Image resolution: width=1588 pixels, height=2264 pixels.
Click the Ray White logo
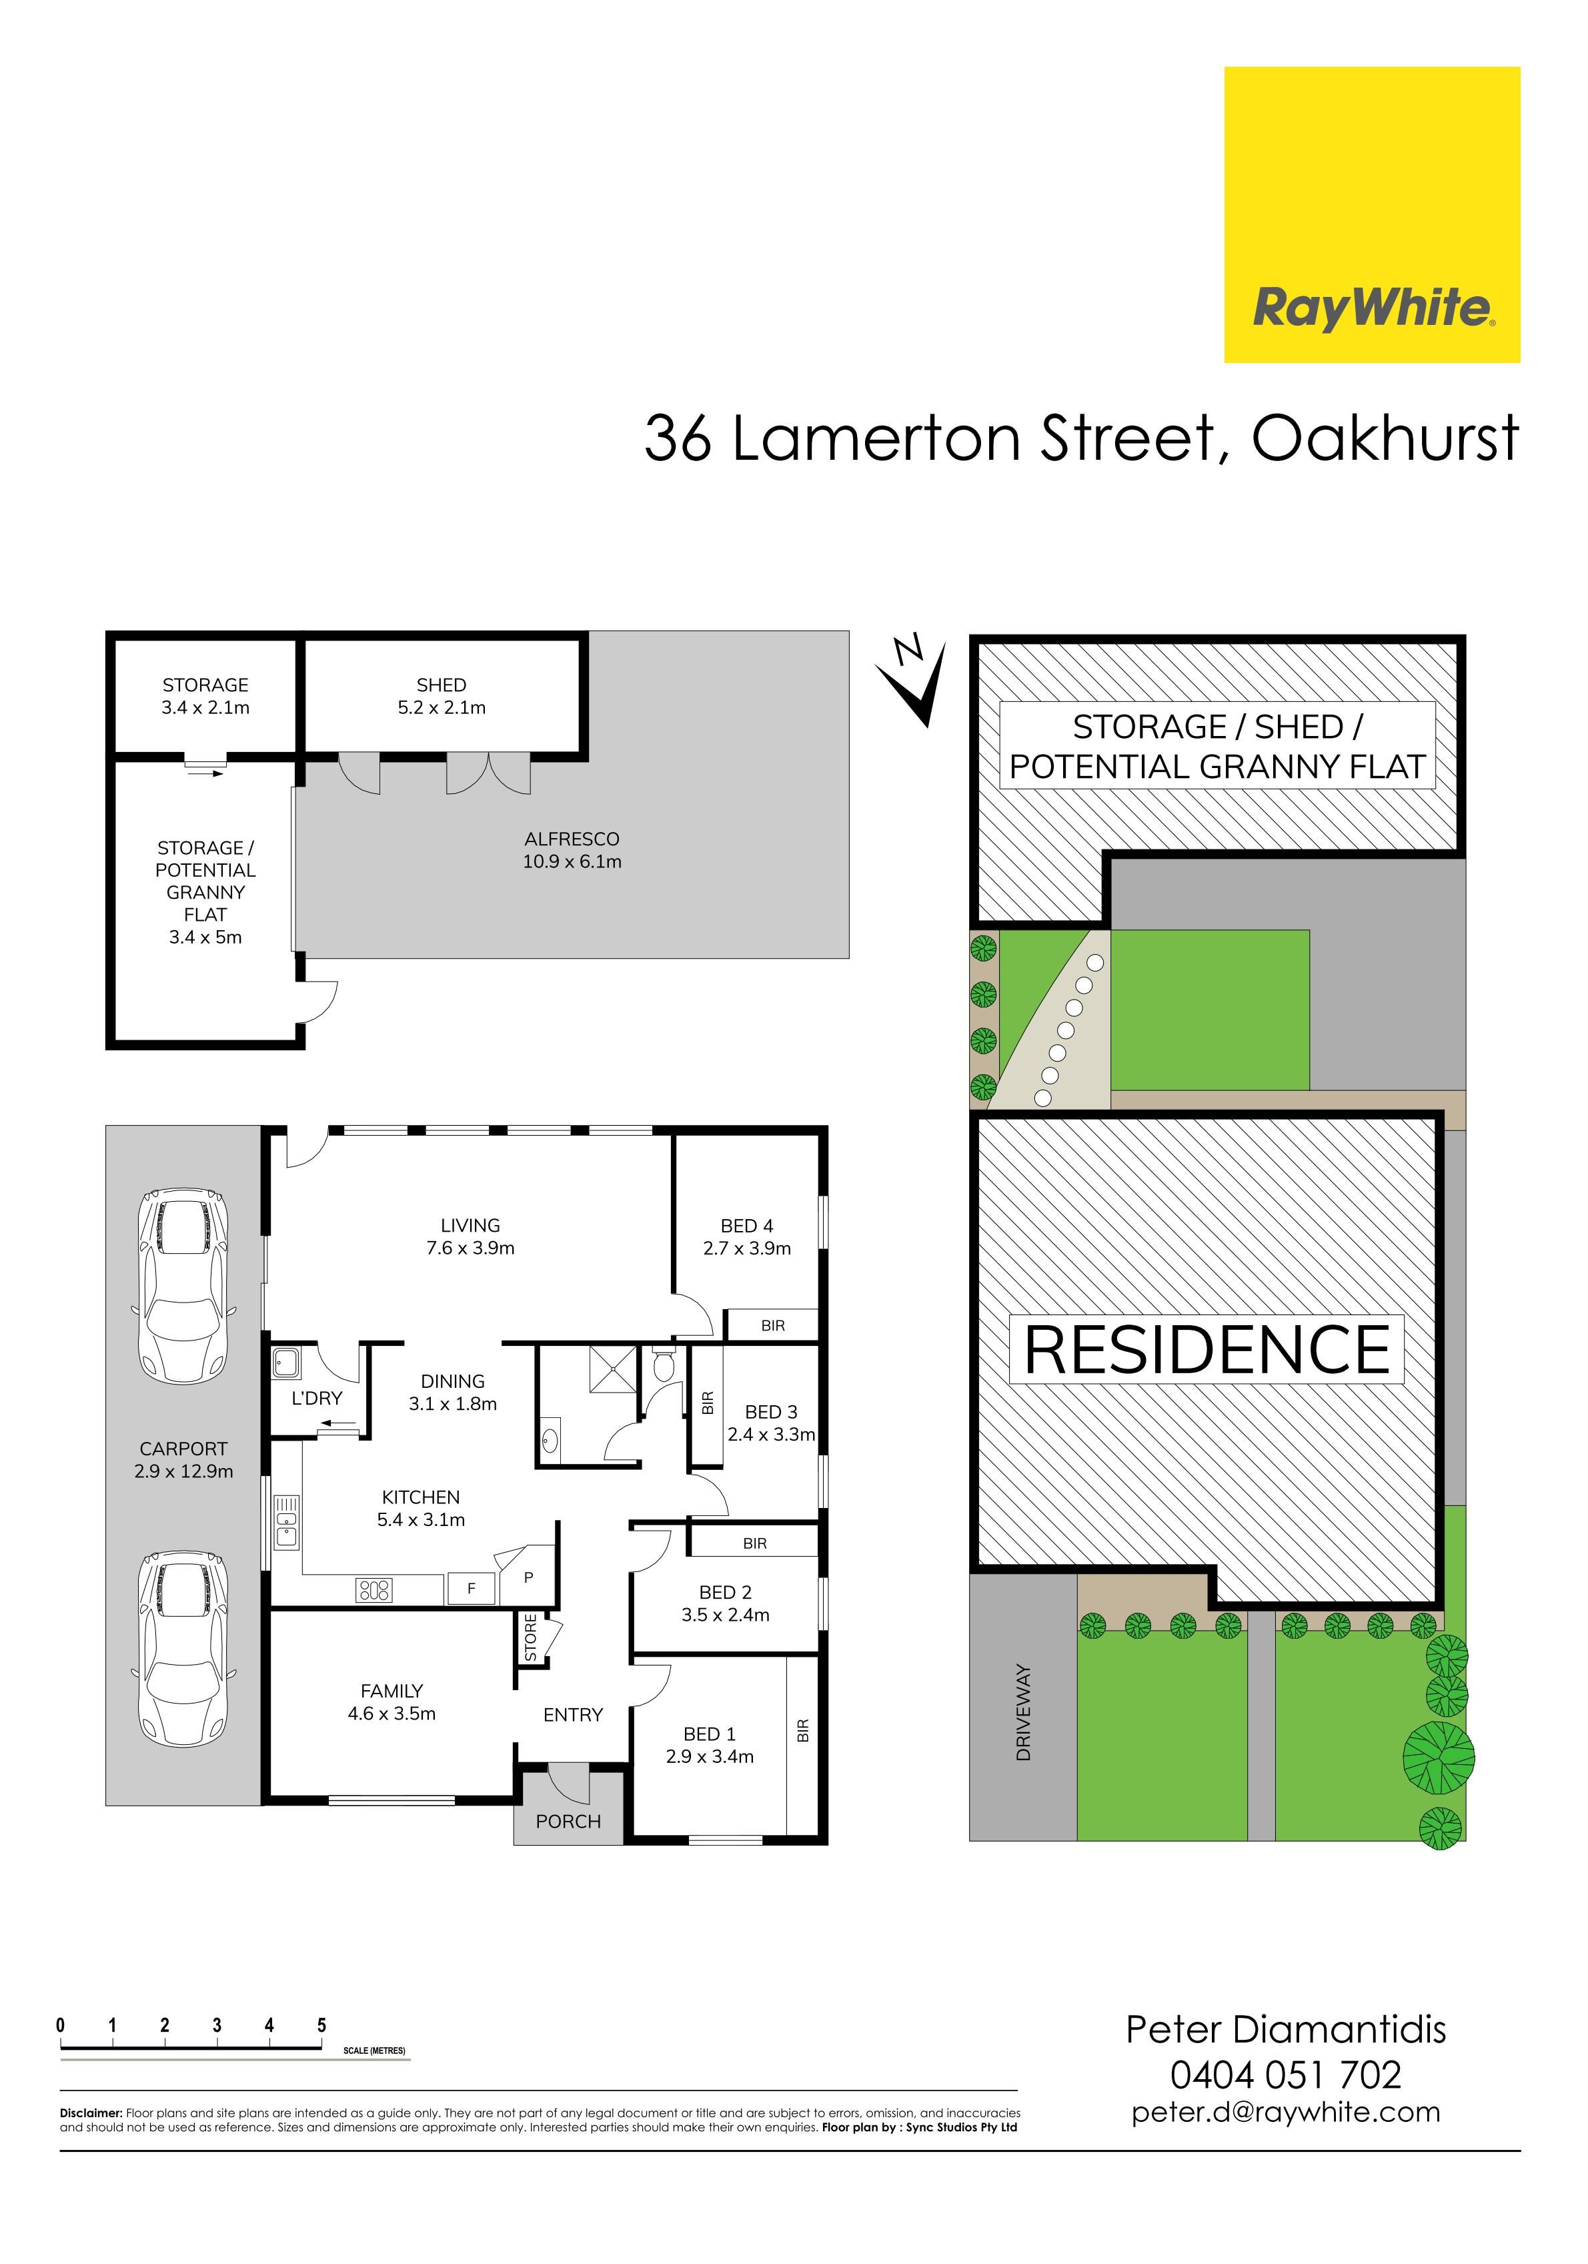click(x=1371, y=214)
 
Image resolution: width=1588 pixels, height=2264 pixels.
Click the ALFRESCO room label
click(x=572, y=839)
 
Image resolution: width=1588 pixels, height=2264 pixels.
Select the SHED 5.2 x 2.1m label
click(x=442, y=696)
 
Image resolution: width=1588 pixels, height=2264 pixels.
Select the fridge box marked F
click(x=471, y=1589)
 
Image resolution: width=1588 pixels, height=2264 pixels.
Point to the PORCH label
click(x=568, y=1821)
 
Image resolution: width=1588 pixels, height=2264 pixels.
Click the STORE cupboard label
click(x=530, y=1637)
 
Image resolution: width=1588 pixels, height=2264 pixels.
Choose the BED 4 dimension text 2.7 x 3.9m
click(x=747, y=1248)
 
